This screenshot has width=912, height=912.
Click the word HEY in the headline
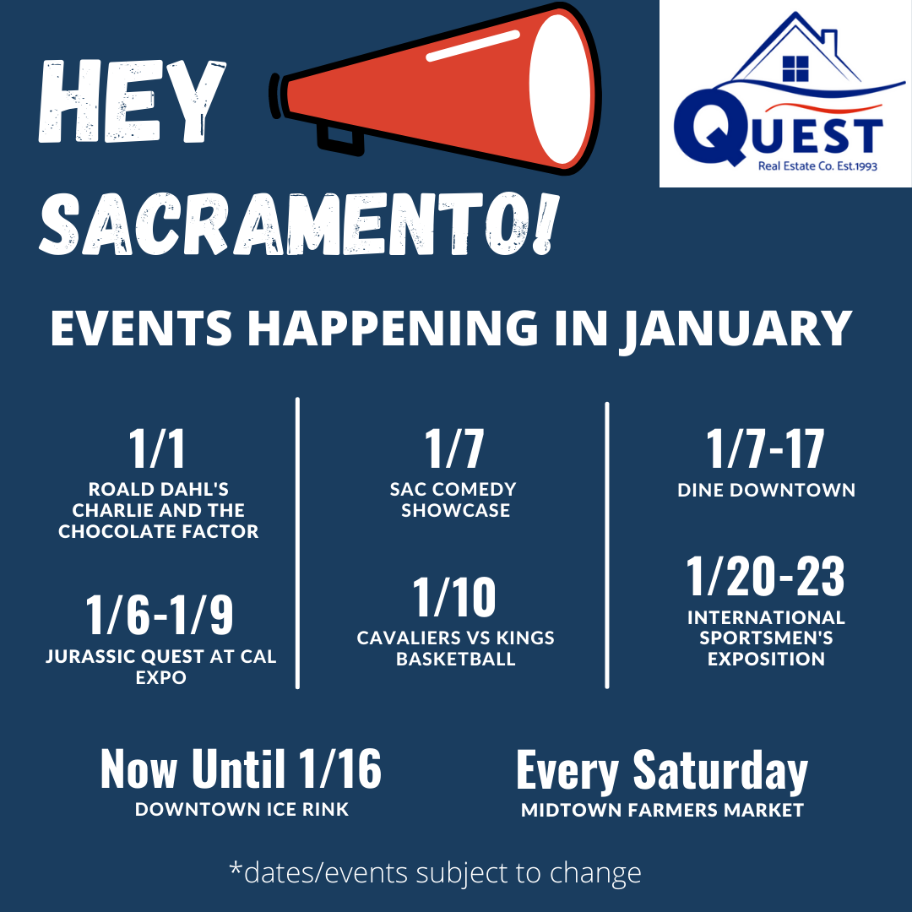coord(132,101)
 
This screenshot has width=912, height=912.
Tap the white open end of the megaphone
coord(560,89)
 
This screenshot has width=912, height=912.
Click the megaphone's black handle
coord(339,140)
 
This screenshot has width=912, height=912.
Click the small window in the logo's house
coord(795,68)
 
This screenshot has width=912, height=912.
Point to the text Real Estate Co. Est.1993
coord(817,166)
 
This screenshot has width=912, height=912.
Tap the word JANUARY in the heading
coord(736,328)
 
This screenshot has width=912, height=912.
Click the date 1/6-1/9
coord(160,615)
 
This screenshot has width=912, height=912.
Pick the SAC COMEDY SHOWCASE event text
coord(453,500)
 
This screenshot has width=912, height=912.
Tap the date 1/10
coord(454,597)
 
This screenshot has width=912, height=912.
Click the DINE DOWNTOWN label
coord(766,490)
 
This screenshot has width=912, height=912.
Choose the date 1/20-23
coord(765,577)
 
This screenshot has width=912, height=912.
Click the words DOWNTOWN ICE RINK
coord(242,809)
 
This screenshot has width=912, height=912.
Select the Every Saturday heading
coord(662,771)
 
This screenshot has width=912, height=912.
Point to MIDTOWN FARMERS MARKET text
coord(662,810)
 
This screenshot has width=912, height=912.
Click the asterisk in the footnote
coord(236,868)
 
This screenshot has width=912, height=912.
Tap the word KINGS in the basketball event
coord(525,638)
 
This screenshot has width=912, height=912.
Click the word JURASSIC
coord(90,657)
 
